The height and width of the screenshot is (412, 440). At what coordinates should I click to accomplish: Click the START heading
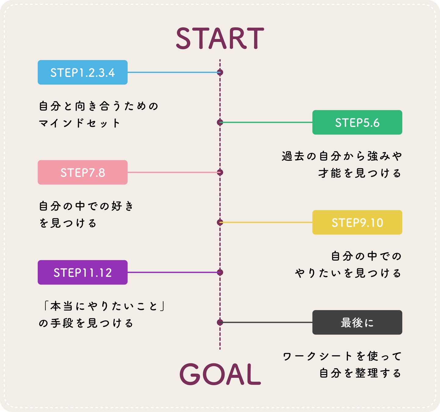coord(220,38)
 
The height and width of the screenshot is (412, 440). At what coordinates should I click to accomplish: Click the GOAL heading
coord(220,374)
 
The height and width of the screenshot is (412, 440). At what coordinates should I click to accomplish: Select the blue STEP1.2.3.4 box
coord(83,72)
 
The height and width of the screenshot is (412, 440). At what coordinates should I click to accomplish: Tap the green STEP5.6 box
coord(357,122)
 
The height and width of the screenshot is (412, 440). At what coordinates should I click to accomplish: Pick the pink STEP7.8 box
coord(83,172)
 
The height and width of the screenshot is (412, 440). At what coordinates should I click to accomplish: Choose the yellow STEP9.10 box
coord(357,222)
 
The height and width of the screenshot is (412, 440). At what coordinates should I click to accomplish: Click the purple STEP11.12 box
coord(83,273)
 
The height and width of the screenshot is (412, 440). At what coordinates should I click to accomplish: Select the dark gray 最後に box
coord(357,323)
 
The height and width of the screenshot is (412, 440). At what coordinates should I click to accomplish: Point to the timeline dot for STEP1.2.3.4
coord(220,72)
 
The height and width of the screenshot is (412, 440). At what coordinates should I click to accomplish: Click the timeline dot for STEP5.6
coord(220,122)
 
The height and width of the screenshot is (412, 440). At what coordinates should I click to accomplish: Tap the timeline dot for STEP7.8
coord(220,172)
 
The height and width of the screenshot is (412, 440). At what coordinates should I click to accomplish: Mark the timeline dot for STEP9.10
coord(220,222)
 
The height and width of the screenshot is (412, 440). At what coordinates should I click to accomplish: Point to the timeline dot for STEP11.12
coord(220,273)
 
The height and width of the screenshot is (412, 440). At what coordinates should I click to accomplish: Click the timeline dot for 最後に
coord(220,322)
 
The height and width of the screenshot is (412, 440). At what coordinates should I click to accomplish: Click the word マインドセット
coord(79,123)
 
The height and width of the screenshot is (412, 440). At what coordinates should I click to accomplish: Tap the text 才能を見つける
coord(360,173)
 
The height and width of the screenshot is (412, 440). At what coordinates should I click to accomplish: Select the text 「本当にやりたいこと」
coord(103,306)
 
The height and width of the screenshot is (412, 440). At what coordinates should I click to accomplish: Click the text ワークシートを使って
coord(342,356)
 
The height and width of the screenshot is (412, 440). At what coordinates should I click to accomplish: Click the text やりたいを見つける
coord(348,273)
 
